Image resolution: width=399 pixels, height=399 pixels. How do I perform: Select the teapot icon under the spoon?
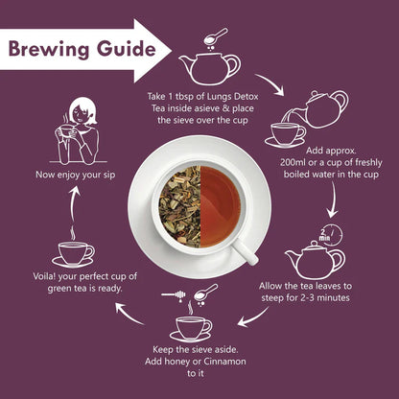(x=210, y=68)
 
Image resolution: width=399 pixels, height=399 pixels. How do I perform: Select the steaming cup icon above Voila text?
(x=74, y=251)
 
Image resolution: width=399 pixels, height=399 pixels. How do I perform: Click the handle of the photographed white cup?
(x=245, y=252)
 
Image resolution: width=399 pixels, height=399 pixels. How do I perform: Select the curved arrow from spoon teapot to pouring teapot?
(x=278, y=85)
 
